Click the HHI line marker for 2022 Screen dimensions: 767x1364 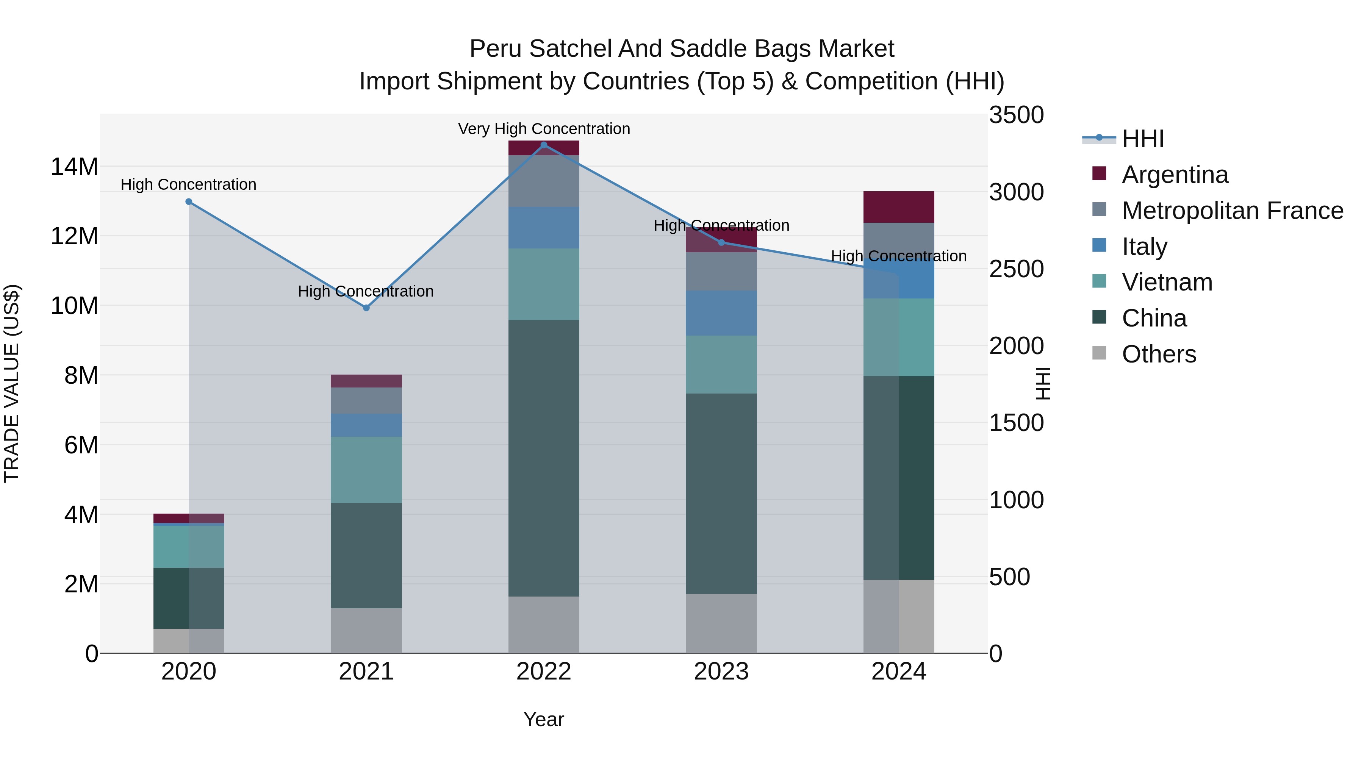tap(543, 145)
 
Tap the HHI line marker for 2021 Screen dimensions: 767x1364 tap(366, 308)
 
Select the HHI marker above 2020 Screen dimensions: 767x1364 tap(189, 202)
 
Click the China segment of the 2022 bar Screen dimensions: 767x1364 tap(543, 458)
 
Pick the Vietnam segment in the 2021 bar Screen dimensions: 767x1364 tap(366, 470)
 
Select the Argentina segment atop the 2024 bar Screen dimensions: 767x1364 tap(899, 207)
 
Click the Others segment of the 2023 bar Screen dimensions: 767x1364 tap(721, 623)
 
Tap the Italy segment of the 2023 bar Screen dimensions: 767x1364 tap(721, 313)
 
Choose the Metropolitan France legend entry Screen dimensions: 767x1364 tap(1232, 211)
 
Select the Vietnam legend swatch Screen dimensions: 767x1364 tap(1099, 281)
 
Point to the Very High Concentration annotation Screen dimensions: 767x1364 tap(544, 129)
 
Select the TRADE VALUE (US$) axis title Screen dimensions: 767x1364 tap(12, 383)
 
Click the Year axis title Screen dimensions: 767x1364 tap(543, 719)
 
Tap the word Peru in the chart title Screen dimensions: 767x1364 tap(496, 49)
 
